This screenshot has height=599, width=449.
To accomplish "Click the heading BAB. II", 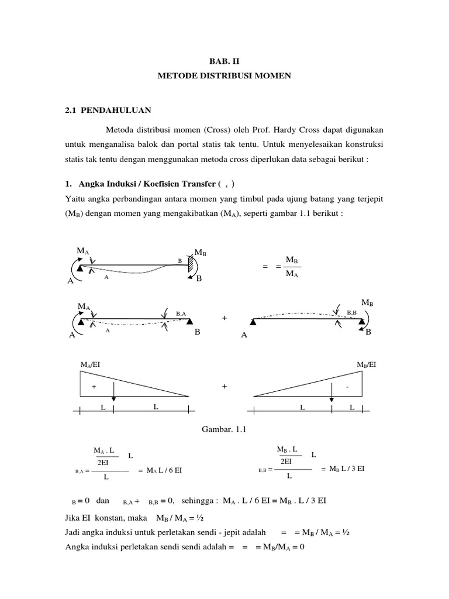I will coord(224,60).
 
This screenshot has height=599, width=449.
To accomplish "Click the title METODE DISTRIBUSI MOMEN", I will coord(224,76).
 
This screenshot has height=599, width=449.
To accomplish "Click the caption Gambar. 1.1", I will coord(224,430).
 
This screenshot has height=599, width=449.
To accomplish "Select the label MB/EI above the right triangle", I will coord(367,364).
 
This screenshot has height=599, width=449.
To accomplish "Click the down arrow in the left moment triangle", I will coord(113,391).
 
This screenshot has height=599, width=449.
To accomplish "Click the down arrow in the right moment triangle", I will coord(331,391).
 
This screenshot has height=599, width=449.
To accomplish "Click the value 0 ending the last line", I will coord(304,546).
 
